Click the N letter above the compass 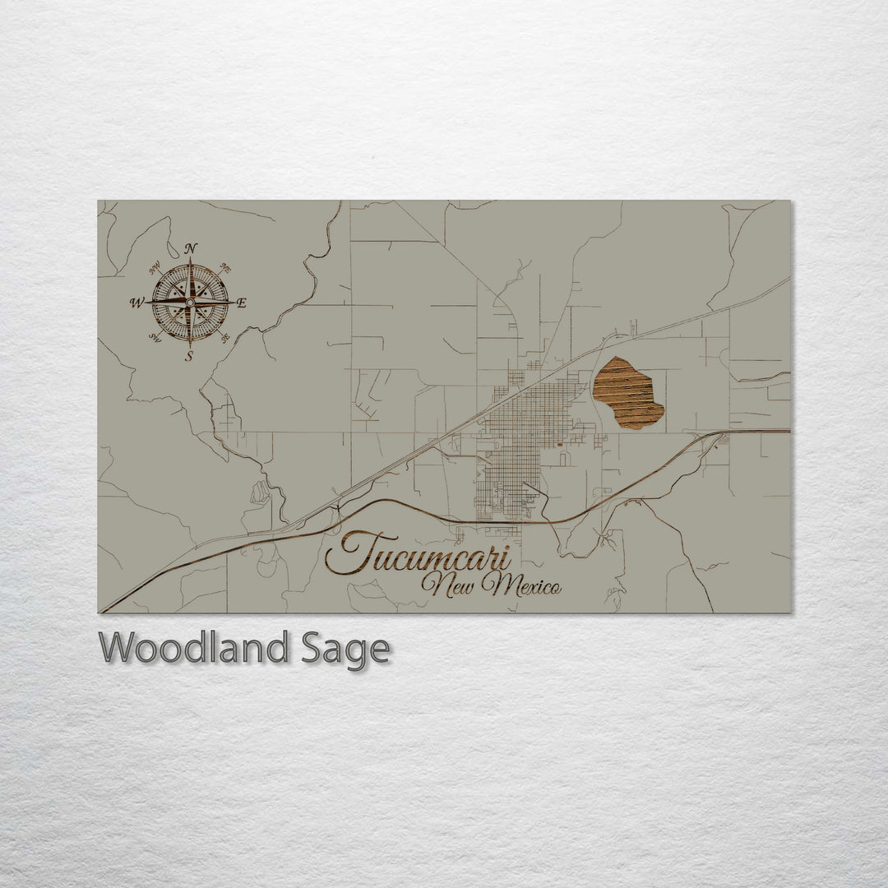point(191,247)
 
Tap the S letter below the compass point(189,356)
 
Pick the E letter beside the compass point(242,303)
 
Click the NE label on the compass point(226,268)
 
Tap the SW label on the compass point(155,336)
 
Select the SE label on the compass point(226,336)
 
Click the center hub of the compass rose point(190,303)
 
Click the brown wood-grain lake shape point(628,393)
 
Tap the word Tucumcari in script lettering point(418,553)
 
